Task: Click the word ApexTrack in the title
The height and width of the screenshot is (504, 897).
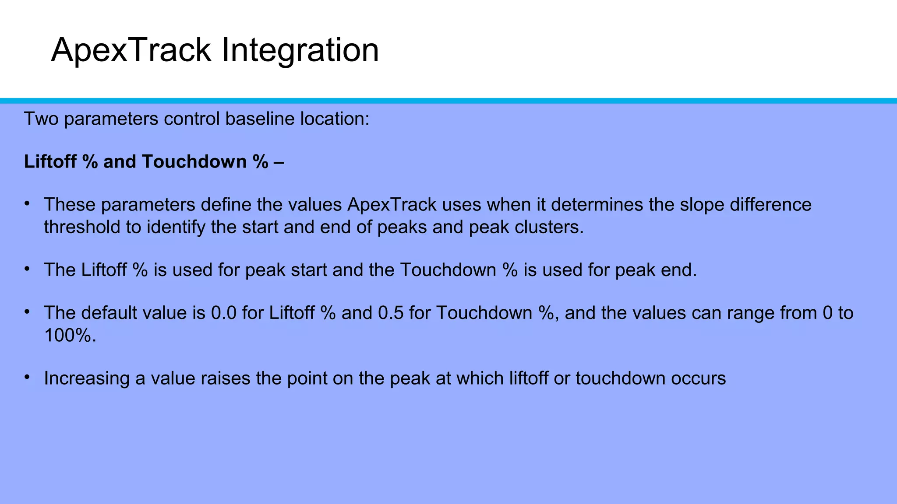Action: click(x=131, y=50)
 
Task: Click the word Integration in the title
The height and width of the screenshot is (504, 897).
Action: click(x=300, y=50)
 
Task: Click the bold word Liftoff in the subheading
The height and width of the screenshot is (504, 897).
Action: click(x=49, y=162)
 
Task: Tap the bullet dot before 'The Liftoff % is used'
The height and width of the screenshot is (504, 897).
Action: click(x=27, y=269)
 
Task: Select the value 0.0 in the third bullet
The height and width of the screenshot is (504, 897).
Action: click(x=223, y=313)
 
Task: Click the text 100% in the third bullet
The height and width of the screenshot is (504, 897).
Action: click(x=70, y=336)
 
